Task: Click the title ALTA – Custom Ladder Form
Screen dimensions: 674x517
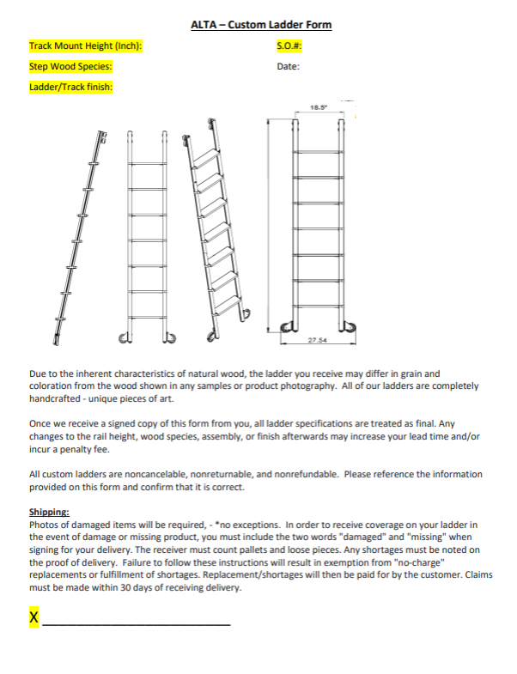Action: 261,25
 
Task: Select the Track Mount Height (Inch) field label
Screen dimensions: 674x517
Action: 85,46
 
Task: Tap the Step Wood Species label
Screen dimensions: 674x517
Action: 70,66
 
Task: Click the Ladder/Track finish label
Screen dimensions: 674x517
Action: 71,87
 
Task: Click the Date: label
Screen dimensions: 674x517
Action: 288,66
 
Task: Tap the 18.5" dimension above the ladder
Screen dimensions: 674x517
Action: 318,108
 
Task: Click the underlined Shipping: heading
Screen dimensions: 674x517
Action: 49,513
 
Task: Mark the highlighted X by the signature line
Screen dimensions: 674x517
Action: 34,617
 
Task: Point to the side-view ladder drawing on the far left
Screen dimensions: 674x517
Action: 83,236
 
